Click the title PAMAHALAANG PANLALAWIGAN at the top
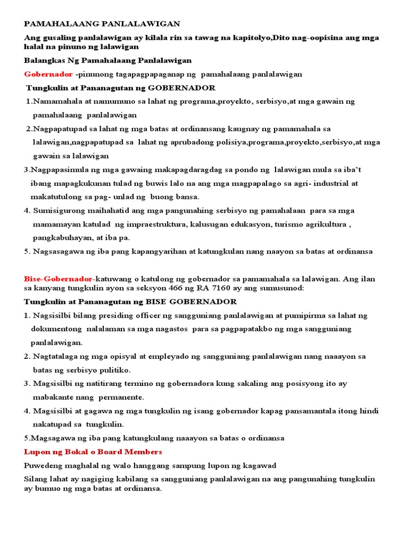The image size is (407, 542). (102, 24)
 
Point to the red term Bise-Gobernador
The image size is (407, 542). (58, 279)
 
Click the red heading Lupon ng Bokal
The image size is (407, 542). (93, 451)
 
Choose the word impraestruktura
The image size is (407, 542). (157, 224)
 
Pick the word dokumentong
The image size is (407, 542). (57, 329)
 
